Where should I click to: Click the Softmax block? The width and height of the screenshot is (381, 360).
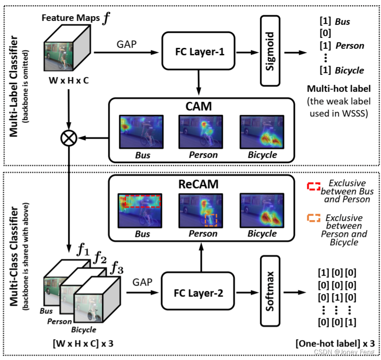270,291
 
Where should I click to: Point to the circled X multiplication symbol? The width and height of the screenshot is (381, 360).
70,138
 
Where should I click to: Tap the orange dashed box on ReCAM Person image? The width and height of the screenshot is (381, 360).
211,220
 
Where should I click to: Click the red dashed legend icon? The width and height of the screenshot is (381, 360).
313,186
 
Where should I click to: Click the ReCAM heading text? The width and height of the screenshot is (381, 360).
200,184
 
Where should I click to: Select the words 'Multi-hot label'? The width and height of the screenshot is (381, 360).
339,89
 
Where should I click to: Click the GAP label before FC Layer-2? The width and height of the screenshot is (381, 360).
144,282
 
